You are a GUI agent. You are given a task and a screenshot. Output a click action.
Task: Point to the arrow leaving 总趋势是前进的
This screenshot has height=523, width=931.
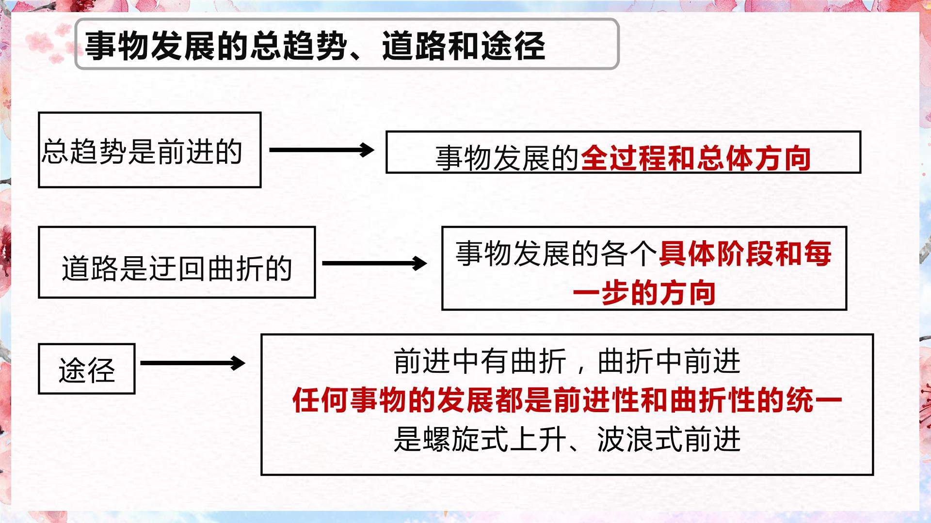point(321,150)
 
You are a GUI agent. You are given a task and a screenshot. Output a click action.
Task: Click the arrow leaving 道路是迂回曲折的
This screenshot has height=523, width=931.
point(374,263)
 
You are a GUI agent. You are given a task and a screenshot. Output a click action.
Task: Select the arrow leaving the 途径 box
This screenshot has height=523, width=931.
point(193,363)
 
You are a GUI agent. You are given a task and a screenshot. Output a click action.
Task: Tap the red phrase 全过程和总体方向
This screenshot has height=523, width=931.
point(696,158)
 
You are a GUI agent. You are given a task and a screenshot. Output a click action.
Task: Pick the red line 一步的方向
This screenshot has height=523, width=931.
point(644,292)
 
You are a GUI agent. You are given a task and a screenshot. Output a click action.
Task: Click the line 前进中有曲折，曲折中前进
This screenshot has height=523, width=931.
point(567,361)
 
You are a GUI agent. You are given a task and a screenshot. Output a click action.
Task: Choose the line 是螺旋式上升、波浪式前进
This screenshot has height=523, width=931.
point(567,439)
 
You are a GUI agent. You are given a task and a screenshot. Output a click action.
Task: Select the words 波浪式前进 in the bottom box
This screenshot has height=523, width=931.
point(669,439)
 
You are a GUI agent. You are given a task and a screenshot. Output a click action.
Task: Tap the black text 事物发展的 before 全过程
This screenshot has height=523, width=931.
point(508,158)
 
